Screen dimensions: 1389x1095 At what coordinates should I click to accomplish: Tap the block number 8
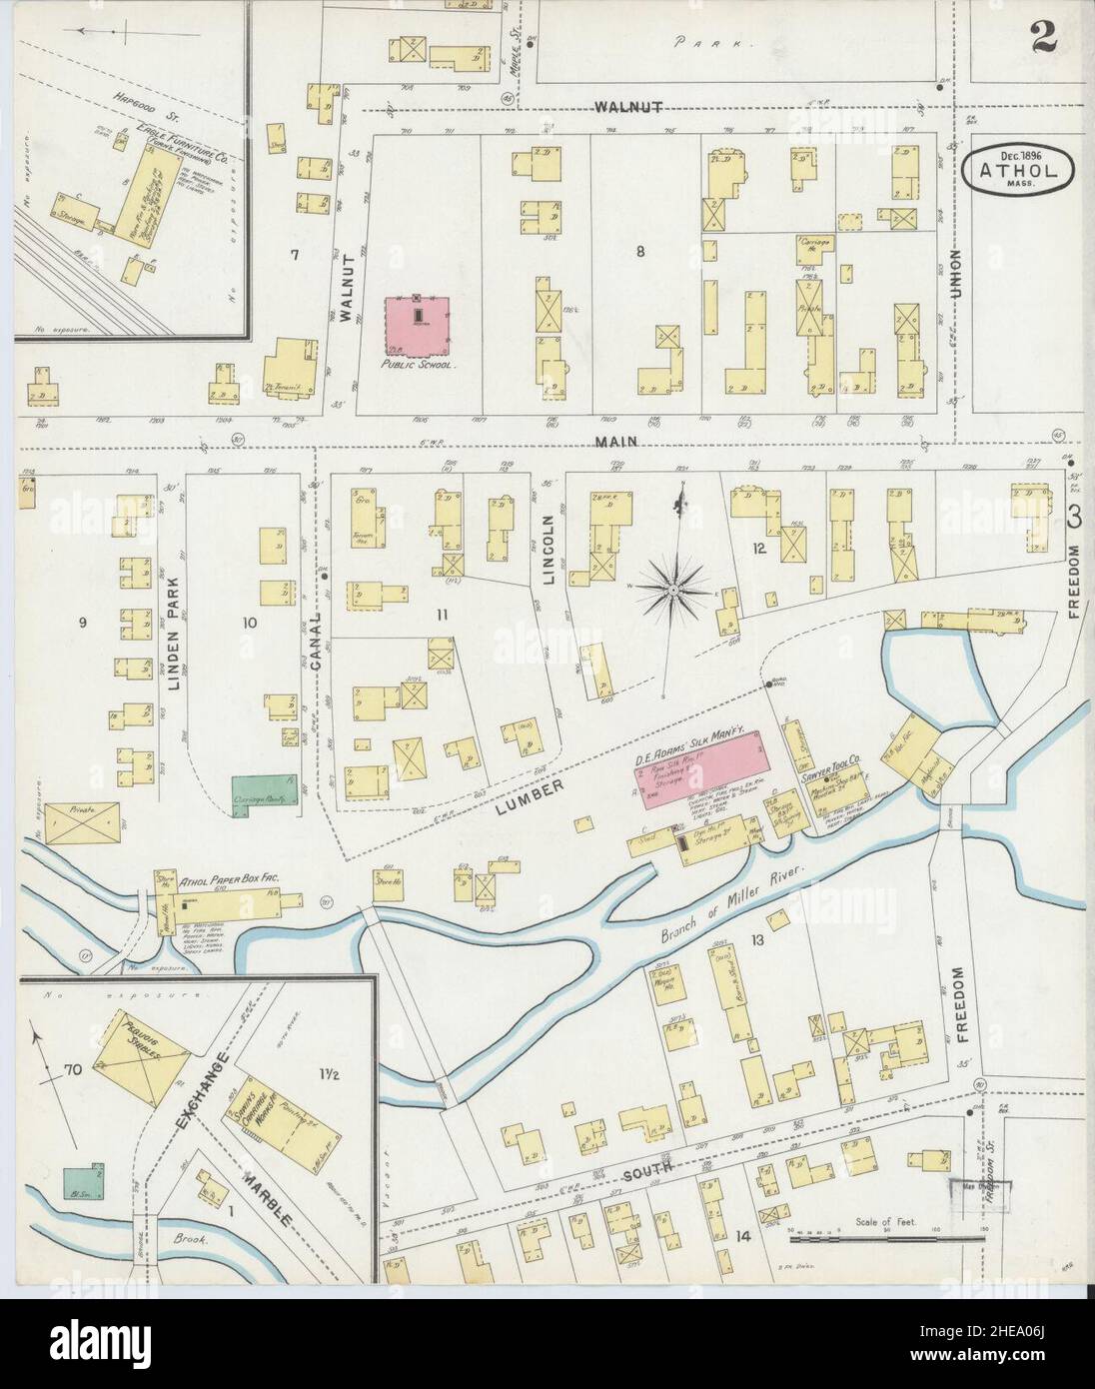639,252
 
